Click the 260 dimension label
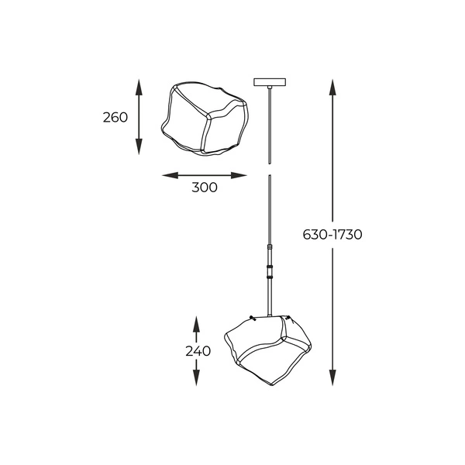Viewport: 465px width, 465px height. coord(115,118)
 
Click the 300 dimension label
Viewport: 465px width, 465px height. coord(205,187)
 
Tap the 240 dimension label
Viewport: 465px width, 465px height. coord(198,350)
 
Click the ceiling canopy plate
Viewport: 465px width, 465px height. coord(269,83)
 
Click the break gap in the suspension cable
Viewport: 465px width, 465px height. coord(269,170)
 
